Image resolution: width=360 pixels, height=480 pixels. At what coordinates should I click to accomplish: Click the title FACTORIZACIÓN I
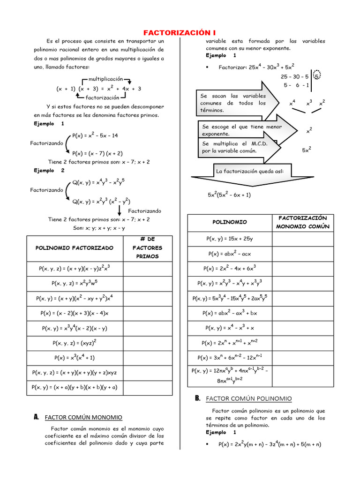(180, 33)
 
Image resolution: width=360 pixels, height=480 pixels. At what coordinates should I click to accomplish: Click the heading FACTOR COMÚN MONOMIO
(83, 417)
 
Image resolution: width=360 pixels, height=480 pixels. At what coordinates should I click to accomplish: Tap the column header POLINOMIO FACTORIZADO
(75, 247)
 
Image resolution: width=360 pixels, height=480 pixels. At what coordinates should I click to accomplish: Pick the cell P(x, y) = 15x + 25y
(230, 239)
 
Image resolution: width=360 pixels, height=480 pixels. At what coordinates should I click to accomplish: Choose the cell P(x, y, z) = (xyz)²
(75, 343)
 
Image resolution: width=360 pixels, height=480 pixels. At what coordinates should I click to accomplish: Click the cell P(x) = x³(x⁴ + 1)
(75, 358)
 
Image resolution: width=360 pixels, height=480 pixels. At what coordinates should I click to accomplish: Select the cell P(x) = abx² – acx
(230, 254)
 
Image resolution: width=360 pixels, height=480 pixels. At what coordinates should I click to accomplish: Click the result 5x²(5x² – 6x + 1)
(229, 195)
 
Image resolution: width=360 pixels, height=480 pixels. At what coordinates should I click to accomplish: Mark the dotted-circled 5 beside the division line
(317, 76)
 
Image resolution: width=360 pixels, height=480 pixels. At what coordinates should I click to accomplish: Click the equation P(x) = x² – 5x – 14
(95, 135)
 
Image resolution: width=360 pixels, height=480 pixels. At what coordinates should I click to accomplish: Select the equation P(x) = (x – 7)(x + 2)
(97, 153)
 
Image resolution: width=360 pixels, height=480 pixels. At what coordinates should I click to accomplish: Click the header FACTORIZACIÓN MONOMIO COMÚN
(302, 222)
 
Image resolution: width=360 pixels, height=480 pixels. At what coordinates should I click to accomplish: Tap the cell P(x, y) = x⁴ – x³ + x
(230, 328)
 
